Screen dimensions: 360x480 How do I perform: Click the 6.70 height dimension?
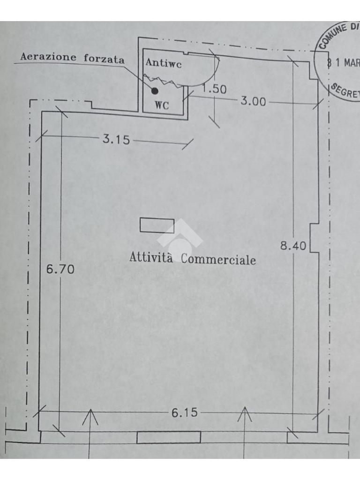(60, 270)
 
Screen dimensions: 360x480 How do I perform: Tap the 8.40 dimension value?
(293, 245)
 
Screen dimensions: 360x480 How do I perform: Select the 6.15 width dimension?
(184, 412)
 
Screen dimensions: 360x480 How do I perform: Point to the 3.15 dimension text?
(116, 139)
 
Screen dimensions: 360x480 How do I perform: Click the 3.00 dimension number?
(253, 101)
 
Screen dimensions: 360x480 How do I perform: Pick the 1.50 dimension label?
(214, 89)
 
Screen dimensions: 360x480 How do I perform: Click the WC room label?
(162, 105)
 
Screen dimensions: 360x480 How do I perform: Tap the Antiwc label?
(163, 63)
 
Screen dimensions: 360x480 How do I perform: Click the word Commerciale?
(218, 259)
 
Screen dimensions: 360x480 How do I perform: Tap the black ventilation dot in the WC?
(155, 90)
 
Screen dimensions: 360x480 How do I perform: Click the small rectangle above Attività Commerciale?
(157, 225)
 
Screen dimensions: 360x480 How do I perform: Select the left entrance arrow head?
(90, 416)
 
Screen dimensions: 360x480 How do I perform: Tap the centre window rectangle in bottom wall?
(169, 437)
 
